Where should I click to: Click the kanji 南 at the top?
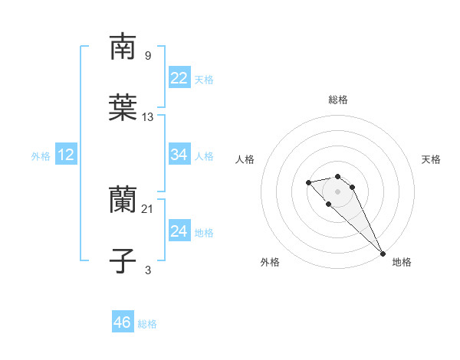(x=123, y=47)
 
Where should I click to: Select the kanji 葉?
(x=123, y=108)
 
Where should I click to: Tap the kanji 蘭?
(x=123, y=200)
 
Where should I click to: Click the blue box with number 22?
(x=179, y=78)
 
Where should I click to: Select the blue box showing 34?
(x=179, y=155)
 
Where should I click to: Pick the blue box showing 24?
(x=179, y=231)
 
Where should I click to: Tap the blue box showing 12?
(x=66, y=155)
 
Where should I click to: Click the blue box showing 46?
(x=123, y=322)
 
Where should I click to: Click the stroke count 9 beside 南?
(x=148, y=55)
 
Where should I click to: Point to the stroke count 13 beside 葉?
(x=148, y=116)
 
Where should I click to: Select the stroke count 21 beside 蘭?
(x=148, y=208)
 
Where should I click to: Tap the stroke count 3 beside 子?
(x=148, y=270)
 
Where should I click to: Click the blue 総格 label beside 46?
(x=147, y=324)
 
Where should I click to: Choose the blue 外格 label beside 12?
(x=41, y=156)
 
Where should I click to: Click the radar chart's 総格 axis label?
(x=337, y=100)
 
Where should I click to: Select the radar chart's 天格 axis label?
(x=431, y=159)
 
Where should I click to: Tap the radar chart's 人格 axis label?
(x=245, y=159)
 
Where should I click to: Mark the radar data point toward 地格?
(x=383, y=254)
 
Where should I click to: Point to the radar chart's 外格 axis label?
(x=270, y=262)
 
